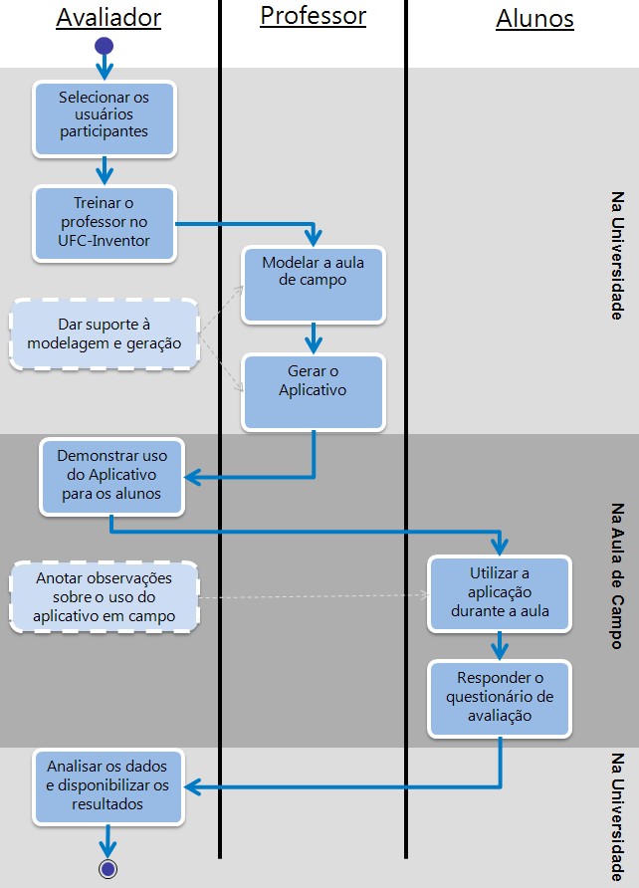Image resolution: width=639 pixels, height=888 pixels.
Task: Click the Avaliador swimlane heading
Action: point(108,17)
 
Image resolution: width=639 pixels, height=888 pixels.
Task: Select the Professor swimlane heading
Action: point(313,16)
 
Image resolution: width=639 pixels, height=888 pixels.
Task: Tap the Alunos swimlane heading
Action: point(534,18)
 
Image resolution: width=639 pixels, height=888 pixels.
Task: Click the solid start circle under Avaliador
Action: point(104,46)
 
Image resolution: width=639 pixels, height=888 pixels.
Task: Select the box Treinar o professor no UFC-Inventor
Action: point(105,224)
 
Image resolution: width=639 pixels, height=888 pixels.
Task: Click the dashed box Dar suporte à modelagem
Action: point(105,333)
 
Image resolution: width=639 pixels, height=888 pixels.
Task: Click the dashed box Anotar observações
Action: point(105,596)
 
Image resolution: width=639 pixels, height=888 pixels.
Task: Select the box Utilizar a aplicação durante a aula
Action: point(500,593)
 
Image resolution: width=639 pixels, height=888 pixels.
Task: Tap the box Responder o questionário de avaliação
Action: point(500,697)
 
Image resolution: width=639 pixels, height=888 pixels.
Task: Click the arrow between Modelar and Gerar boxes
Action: point(313,338)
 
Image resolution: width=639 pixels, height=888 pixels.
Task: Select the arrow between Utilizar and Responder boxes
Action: point(500,645)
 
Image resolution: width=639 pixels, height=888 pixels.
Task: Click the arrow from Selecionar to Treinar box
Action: point(104,170)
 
